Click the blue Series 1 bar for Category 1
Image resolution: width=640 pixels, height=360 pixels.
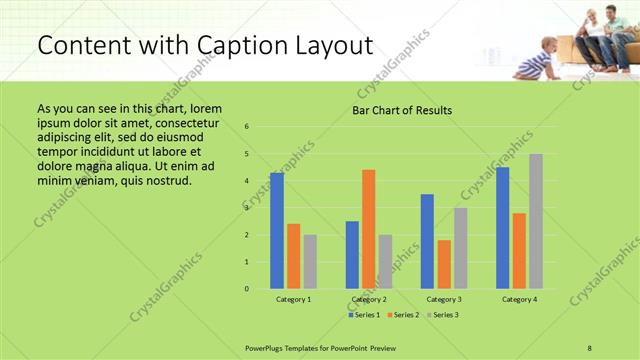[277, 231]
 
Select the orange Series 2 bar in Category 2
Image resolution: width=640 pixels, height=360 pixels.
[369, 229]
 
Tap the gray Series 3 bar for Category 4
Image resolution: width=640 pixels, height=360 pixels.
[536, 221]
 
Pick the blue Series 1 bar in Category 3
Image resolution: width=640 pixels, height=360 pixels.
[427, 241]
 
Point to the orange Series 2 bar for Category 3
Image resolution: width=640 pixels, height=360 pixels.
[444, 264]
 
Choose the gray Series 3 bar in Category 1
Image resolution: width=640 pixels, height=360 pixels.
[310, 261]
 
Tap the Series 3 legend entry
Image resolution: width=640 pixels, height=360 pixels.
[444, 315]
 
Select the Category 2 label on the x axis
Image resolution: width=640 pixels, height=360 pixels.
[369, 299]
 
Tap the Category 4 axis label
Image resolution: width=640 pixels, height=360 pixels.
[519, 299]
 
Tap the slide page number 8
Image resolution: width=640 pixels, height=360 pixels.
[590, 347]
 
